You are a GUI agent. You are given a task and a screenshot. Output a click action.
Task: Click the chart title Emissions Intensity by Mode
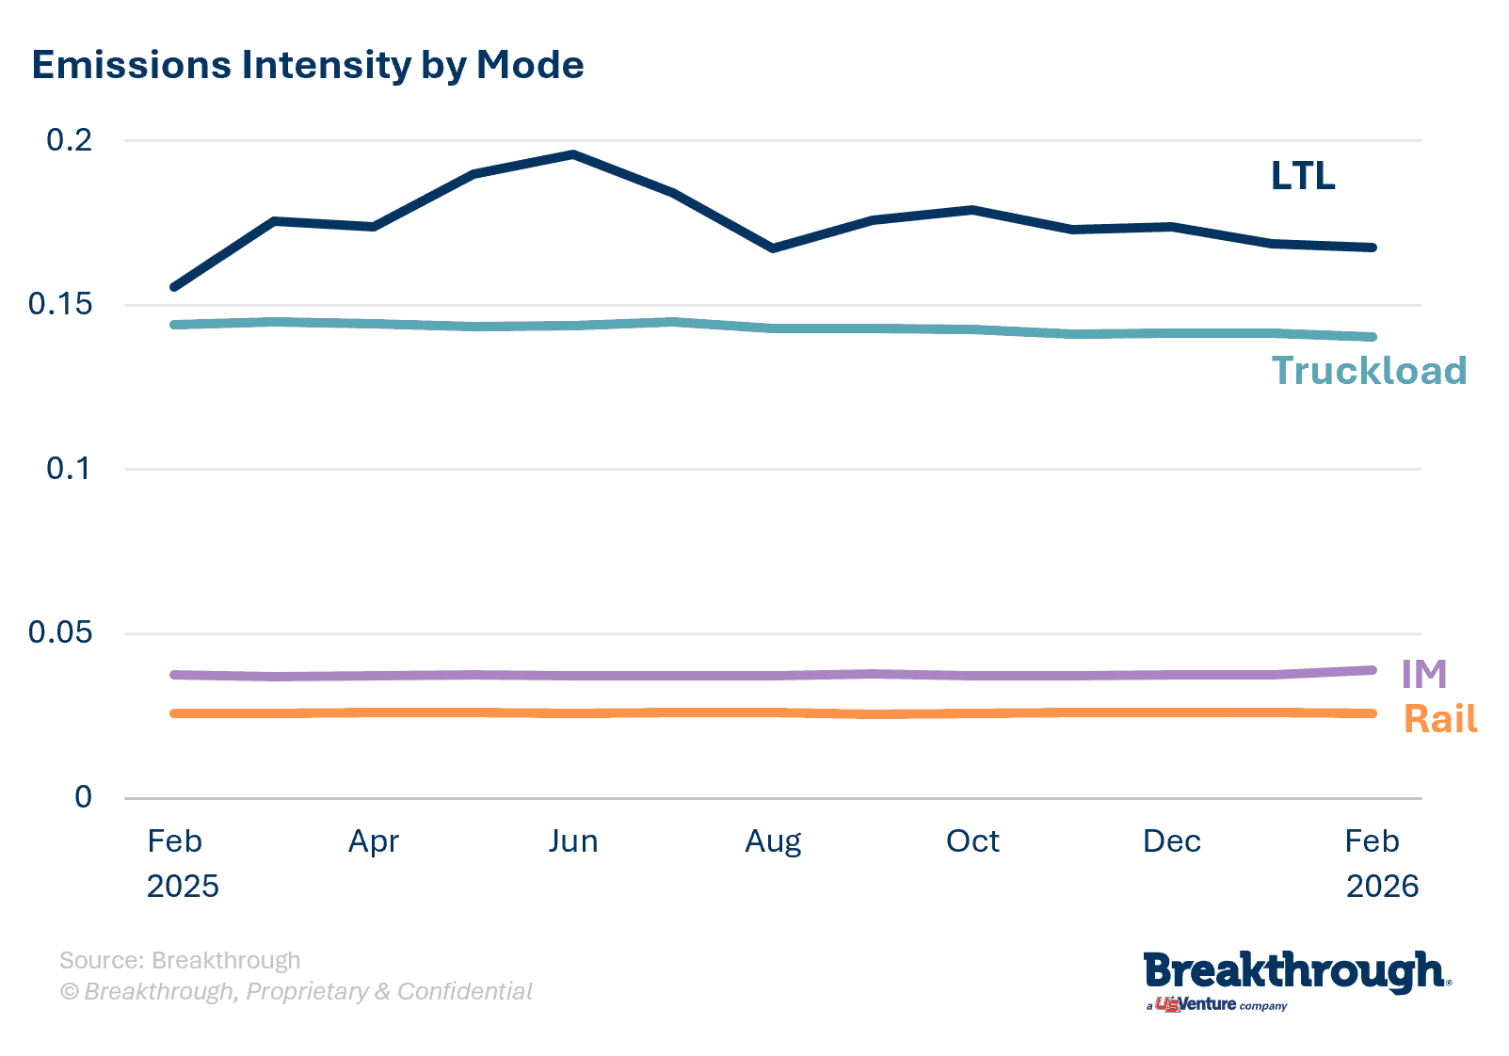coord(308,65)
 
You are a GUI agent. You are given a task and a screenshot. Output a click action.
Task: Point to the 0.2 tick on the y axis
coord(70,140)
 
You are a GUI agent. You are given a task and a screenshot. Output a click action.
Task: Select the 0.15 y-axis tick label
coord(60,304)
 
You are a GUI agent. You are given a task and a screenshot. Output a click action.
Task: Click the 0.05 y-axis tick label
coord(60,632)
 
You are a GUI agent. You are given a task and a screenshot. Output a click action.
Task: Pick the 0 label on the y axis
coord(83,797)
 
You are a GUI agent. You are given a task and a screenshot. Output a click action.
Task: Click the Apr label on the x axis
coord(374,840)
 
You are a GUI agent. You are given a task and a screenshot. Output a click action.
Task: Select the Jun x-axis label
coord(573,840)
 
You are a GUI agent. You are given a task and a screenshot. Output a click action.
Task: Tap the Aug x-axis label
coord(773,840)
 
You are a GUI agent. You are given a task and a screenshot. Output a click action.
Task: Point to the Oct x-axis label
coord(972,840)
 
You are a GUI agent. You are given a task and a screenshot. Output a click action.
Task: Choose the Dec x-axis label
coord(1172,840)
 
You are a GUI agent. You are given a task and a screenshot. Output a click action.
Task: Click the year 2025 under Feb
coord(183,886)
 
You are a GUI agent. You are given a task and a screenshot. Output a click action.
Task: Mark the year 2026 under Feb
coord(1382,886)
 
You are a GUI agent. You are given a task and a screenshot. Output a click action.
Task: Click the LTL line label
coord(1303,176)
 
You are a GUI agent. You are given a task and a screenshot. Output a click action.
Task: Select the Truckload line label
coord(1369,371)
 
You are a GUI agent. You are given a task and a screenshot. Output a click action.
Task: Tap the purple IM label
coord(1423,674)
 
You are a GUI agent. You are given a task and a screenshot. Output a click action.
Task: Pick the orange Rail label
coord(1440,719)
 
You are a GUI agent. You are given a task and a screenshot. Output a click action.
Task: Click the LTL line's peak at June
coord(573,153)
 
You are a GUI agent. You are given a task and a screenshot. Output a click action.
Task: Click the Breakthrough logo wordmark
coord(1295,973)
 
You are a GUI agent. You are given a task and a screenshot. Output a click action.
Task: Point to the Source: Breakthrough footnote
coord(180,960)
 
